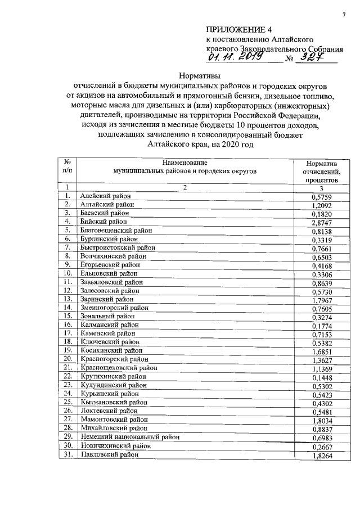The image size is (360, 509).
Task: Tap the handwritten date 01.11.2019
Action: (x=231, y=57)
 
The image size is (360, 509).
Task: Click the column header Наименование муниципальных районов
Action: (x=184, y=166)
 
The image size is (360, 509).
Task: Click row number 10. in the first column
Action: (x=67, y=274)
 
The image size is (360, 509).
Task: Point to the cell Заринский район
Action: (x=107, y=300)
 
